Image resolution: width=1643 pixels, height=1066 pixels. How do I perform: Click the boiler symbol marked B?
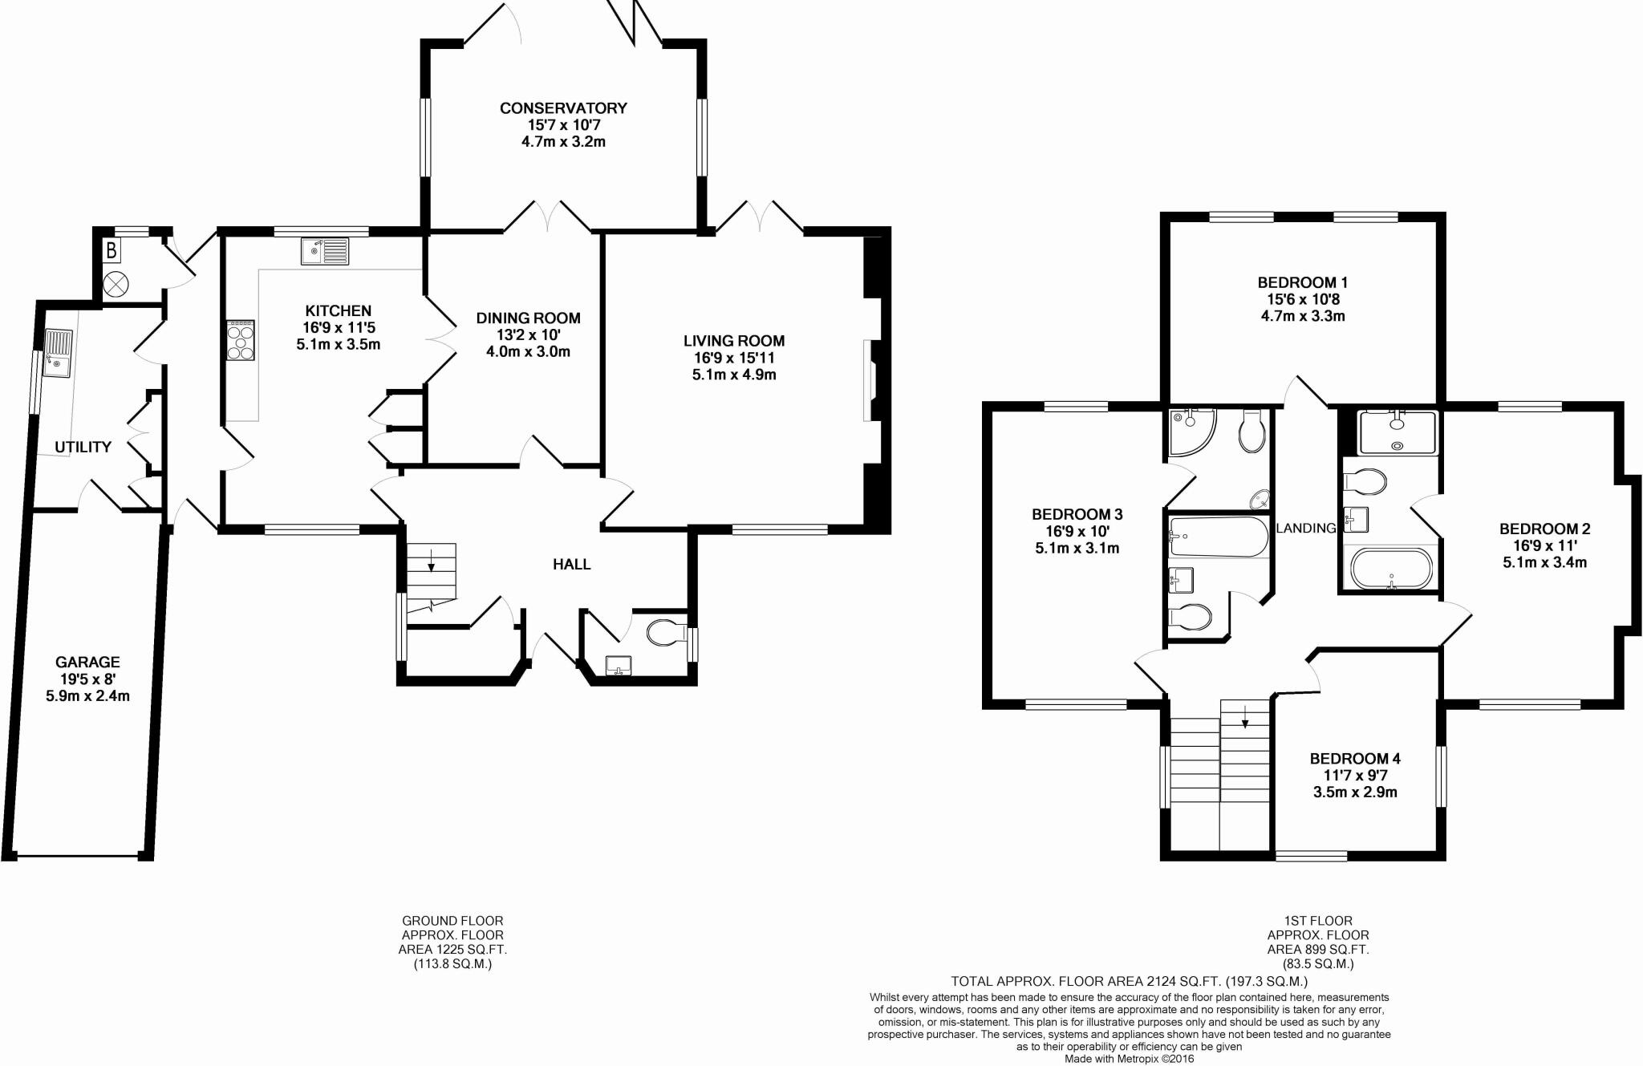click(112, 251)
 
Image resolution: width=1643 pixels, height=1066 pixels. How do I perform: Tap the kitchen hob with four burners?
click(241, 340)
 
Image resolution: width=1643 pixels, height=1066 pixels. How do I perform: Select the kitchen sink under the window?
click(326, 251)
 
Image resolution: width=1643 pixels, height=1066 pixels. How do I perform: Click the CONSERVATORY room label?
click(563, 108)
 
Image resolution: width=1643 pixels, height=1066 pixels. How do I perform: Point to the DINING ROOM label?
click(528, 318)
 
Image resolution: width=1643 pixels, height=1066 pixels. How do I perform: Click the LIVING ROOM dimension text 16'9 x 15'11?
click(734, 358)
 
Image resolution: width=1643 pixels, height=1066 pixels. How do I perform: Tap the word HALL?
click(571, 565)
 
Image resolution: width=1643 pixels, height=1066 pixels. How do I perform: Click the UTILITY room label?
click(83, 447)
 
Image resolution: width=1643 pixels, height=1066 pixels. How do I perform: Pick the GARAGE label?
click(87, 662)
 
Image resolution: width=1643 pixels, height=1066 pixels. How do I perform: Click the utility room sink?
click(58, 353)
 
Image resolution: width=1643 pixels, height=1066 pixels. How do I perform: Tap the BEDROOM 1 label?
click(1303, 282)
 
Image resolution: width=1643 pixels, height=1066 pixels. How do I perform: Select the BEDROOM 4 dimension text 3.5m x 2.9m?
click(1355, 792)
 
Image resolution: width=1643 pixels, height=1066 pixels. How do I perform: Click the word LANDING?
click(1306, 528)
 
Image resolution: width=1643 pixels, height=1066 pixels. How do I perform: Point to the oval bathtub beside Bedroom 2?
click(1391, 569)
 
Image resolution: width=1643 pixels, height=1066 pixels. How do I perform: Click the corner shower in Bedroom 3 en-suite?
click(1192, 429)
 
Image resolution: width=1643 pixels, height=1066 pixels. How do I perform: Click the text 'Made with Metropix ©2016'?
click(1129, 1059)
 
